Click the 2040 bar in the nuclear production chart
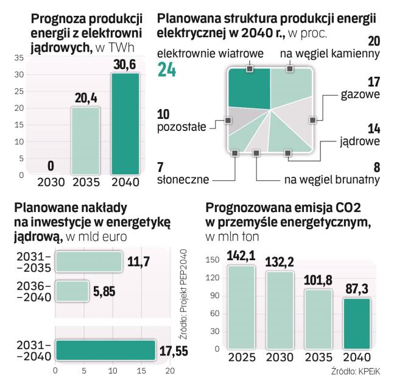(125, 124)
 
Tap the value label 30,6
(125, 63)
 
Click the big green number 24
(167, 70)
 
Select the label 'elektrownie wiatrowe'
(210, 54)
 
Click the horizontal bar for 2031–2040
(105, 350)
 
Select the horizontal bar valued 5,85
(72, 291)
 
